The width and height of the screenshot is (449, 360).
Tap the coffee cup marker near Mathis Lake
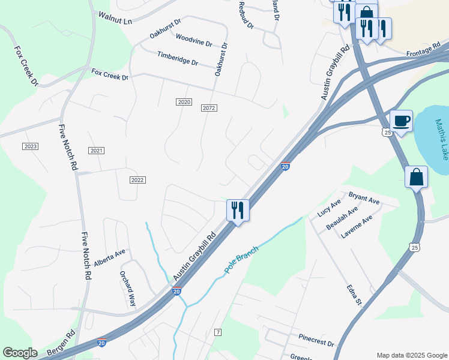(401, 121)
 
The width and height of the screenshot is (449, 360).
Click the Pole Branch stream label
(241, 260)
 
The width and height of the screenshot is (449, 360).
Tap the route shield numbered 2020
(184, 102)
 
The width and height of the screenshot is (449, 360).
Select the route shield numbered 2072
(209, 108)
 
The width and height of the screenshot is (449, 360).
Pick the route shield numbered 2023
(30, 146)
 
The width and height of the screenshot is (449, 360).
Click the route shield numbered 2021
(96, 150)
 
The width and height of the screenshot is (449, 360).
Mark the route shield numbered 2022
(137, 180)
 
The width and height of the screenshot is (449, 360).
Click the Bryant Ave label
(364, 197)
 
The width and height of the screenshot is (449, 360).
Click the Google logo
(20, 353)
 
